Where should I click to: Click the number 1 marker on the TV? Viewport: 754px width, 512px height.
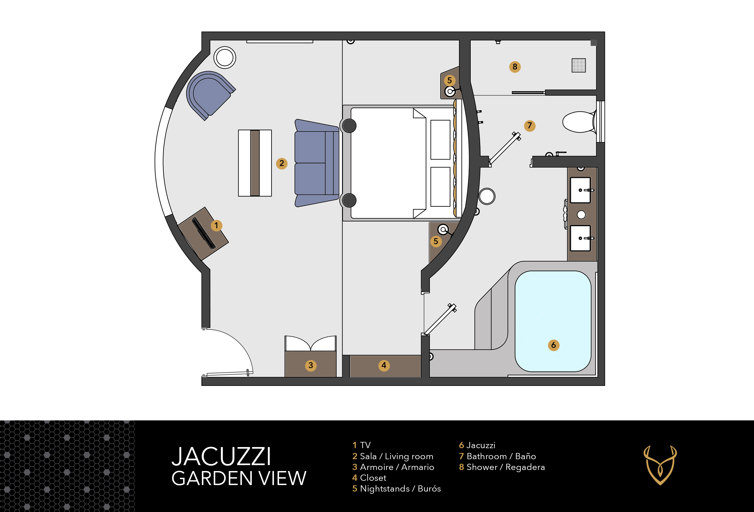[x=217, y=225]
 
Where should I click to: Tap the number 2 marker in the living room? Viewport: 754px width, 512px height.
[x=282, y=163]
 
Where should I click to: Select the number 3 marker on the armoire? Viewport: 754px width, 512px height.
[x=311, y=365]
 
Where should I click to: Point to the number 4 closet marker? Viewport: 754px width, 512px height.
[x=384, y=365]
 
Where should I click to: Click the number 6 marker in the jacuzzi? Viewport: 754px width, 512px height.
[x=553, y=345]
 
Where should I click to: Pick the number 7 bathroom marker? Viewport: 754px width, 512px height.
[x=529, y=125]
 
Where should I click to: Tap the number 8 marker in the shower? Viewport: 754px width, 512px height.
[x=515, y=67]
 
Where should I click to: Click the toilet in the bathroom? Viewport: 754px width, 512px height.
[x=580, y=122]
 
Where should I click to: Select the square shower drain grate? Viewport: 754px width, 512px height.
[x=578, y=65]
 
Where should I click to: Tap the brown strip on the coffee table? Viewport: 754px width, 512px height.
[x=255, y=163]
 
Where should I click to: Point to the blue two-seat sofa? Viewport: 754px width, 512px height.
[x=316, y=163]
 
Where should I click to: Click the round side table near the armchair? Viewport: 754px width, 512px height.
[x=225, y=57]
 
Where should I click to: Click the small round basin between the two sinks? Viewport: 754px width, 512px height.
[x=581, y=215]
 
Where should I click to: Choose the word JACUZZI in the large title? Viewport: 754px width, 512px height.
[x=221, y=456]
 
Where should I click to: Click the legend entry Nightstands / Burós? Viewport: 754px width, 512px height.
[x=396, y=489]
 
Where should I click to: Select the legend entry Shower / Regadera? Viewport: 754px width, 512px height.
[x=502, y=467]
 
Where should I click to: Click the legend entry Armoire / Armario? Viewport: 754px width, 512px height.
[x=393, y=467]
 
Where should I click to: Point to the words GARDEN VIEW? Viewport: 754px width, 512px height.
[x=239, y=478]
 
